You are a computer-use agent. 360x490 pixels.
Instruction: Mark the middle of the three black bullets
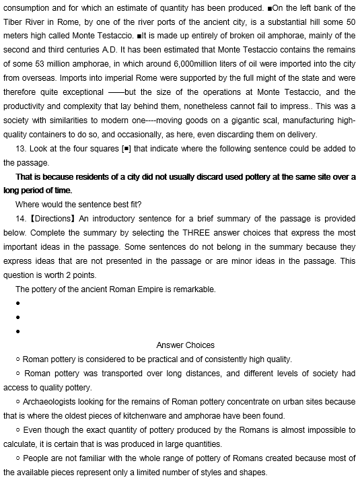pos(27,317)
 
